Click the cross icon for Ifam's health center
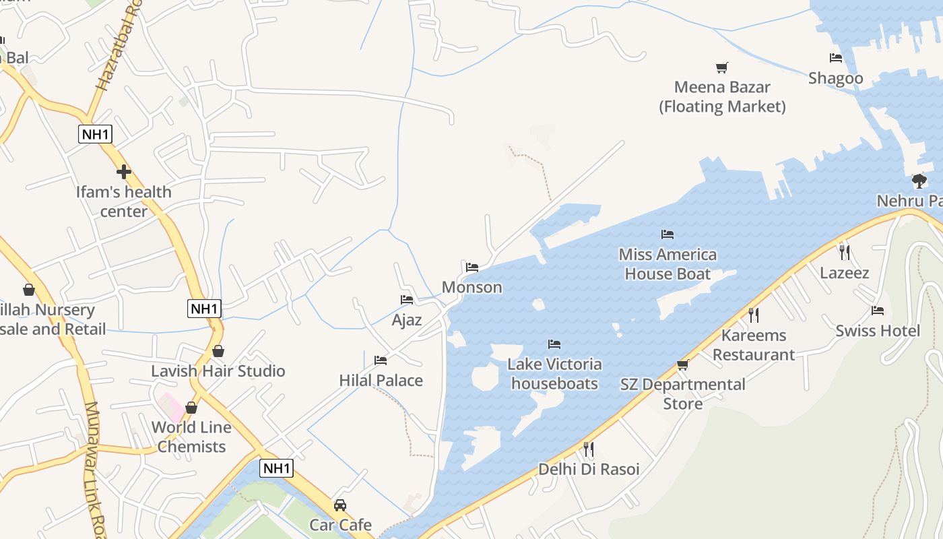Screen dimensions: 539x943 pyautogui.click(x=124, y=172)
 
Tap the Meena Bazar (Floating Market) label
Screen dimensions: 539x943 pyautogui.click(x=722, y=96)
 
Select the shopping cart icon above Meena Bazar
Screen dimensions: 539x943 pyautogui.click(x=722, y=67)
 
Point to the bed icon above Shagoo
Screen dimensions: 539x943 pyautogui.click(x=836, y=58)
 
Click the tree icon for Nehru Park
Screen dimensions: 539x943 pyautogui.click(x=919, y=181)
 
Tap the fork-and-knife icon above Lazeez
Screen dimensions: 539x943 pyautogui.click(x=845, y=253)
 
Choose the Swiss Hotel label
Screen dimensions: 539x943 pyautogui.click(x=877, y=330)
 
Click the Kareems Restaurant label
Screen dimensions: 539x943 pyautogui.click(x=754, y=344)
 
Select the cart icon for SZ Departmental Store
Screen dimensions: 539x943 pyautogui.click(x=683, y=364)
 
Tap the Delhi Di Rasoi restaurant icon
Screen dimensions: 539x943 pyautogui.click(x=589, y=449)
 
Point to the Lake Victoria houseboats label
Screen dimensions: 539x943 pyautogui.click(x=554, y=373)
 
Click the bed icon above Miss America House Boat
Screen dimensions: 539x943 pyautogui.click(x=668, y=234)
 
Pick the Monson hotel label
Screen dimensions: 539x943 pyautogui.click(x=471, y=287)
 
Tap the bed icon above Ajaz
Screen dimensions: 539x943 pyautogui.click(x=407, y=300)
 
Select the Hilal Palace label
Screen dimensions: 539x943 pyautogui.click(x=381, y=380)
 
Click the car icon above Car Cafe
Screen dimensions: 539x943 pyautogui.click(x=340, y=505)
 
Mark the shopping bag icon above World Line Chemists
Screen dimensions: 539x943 pyautogui.click(x=191, y=408)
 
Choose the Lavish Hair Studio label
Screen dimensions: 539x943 pyautogui.click(x=218, y=371)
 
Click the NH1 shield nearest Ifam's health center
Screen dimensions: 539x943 pyautogui.click(x=95, y=134)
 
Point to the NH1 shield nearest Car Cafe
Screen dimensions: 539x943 pyautogui.click(x=277, y=468)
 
